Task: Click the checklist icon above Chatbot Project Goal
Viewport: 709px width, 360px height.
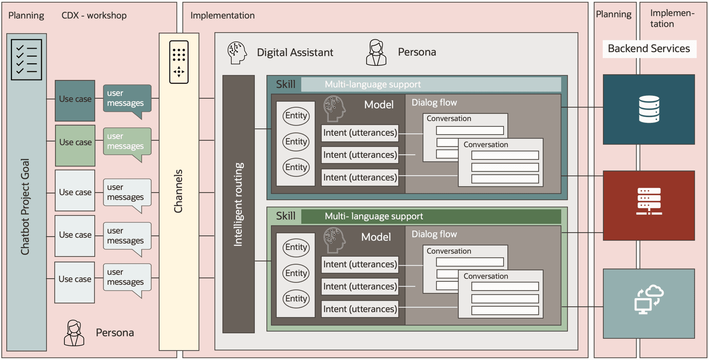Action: [x=27, y=60]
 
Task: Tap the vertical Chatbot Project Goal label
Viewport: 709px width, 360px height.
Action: [x=26, y=207]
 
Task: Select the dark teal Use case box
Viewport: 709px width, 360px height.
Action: [x=75, y=100]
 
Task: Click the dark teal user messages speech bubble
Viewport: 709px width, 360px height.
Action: [x=127, y=99]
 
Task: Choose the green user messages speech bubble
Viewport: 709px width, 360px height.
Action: [x=127, y=141]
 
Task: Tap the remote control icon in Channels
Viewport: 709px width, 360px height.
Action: [x=179, y=62]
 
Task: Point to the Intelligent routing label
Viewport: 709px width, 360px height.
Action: [x=239, y=204]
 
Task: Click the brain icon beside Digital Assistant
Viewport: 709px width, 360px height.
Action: [x=237, y=52]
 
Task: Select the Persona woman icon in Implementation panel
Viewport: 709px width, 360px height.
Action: [x=376, y=52]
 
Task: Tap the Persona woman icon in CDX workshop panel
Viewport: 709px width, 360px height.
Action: [x=74, y=332]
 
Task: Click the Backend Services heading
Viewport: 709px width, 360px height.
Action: [x=649, y=49]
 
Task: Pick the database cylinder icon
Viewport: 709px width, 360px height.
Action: [x=649, y=109]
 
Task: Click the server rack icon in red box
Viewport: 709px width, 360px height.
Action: [x=649, y=201]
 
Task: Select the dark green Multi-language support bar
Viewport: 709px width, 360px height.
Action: [x=431, y=216]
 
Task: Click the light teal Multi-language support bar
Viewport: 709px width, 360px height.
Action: [x=431, y=84]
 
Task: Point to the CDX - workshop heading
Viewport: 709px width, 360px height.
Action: [x=94, y=16]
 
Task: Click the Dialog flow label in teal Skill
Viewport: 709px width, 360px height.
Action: [x=434, y=102]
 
